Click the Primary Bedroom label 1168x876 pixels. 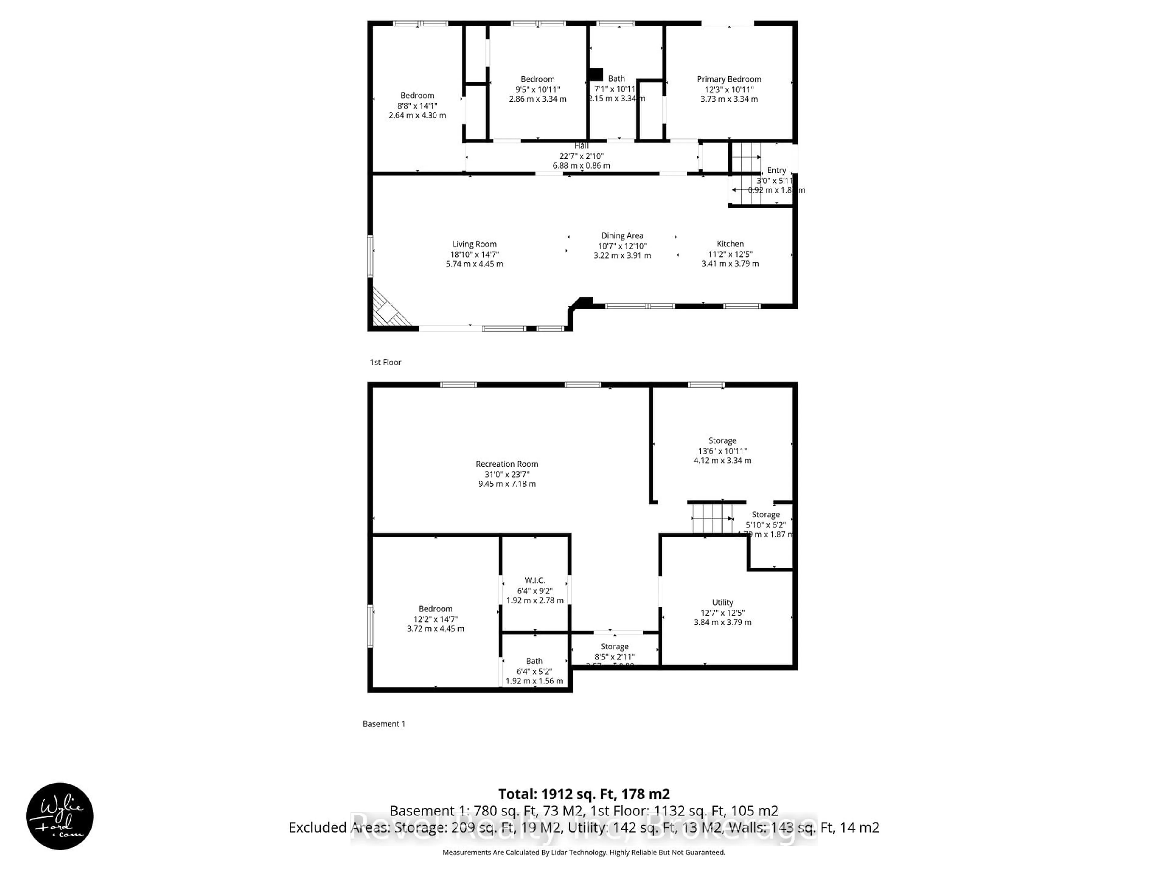729,79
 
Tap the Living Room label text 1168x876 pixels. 474,244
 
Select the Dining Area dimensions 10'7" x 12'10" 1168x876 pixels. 622,246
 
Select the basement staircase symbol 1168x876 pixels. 712,519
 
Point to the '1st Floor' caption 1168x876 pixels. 385,362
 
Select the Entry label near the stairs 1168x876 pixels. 776,170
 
